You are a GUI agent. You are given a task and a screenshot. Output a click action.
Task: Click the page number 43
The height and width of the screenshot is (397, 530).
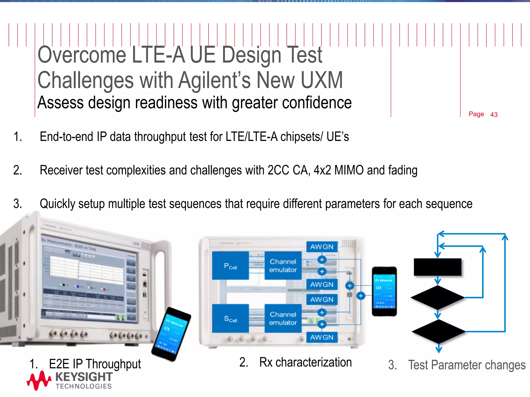pyautogui.click(x=494, y=114)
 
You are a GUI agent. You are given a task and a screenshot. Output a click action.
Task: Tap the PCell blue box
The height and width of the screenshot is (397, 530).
pyautogui.click(x=230, y=265)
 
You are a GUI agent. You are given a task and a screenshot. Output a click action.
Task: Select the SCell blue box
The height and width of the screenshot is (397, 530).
pyautogui.click(x=230, y=318)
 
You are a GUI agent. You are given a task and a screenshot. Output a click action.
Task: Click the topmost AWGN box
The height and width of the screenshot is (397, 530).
pyautogui.click(x=322, y=247)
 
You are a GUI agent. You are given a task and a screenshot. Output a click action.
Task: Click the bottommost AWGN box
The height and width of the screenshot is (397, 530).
pyautogui.click(x=322, y=337)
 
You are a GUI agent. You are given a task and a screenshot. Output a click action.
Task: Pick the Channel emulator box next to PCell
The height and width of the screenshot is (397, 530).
pyautogui.click(x=283, y=265)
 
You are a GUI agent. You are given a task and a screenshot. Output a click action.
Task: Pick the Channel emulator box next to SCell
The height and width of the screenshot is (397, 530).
pyautogui.click(x=283, y=318)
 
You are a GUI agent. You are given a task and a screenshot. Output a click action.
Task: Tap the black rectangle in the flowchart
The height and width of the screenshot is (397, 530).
pyautogui.click(x=437, y=267)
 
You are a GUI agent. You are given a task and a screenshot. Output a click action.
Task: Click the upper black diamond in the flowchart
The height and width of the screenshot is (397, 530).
pyautogui.click(x=437, y=297)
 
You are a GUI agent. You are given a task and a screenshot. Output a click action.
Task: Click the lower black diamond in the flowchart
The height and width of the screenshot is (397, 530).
pyautogui.click(x=438, y=331)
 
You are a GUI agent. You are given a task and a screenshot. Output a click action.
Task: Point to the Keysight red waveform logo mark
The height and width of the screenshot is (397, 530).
pyautogui.click(x=39, y=380)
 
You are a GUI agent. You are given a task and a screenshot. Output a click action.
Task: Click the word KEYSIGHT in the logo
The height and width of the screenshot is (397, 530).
pyautogui.click(x=84, y=377)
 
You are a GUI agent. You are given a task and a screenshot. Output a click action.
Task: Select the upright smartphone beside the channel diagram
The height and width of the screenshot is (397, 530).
pyautogui.click(x=384, y=291)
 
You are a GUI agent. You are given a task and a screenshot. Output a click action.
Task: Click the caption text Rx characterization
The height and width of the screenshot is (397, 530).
pyautogui.click(x=305, y=362)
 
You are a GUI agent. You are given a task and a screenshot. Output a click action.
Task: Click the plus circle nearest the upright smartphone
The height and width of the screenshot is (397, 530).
pyautogui.click(x=361, y=296)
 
